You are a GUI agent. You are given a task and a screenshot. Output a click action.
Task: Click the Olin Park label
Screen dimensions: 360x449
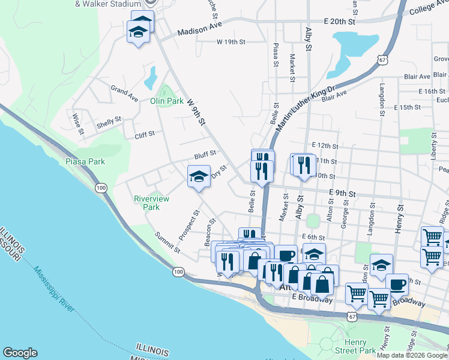[166, 101]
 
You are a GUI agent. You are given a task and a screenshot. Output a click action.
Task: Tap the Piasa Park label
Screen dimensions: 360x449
[85, 161]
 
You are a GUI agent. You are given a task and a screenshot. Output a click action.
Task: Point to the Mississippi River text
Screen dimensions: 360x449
[54, 289]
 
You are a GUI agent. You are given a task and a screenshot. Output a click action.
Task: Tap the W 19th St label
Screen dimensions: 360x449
[231, 42]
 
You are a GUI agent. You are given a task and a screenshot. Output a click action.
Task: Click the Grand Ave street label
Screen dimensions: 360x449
[124, 93]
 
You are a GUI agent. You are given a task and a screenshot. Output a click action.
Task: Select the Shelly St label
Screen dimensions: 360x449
[109, 126]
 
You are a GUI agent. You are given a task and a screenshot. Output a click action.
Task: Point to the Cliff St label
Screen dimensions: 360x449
[145, 134]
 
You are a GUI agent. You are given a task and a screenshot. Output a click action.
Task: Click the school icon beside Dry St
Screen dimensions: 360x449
[199, 176]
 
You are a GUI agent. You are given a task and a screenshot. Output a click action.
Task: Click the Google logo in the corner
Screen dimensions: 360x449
[20, 353]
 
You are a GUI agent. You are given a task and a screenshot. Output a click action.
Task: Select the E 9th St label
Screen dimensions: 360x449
[342, 194]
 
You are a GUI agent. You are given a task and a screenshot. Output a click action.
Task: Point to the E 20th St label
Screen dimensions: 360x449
[340, 22]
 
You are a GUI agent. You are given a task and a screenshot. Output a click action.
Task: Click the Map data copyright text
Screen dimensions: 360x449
[412, 355]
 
